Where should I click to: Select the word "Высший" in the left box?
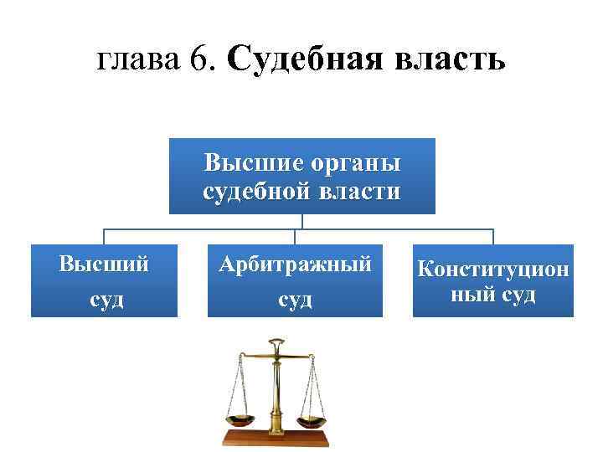pyautogui.click(x=105, y=265)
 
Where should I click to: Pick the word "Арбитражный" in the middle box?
pyautogui.click(x=295, y=265)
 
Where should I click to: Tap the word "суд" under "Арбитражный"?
pyautogui.click(x=295, y=299)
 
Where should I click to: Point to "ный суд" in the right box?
pyautogui.click(x=493, y=295)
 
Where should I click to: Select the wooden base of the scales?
pyautogui.click(x=276, y=439)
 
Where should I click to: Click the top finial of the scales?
pyautogui.click(x=276, y=343)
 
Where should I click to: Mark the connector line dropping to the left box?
pyautogui.click(x=105, y=236)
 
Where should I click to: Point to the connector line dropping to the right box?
pyautogui.click(x=493, y=236)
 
